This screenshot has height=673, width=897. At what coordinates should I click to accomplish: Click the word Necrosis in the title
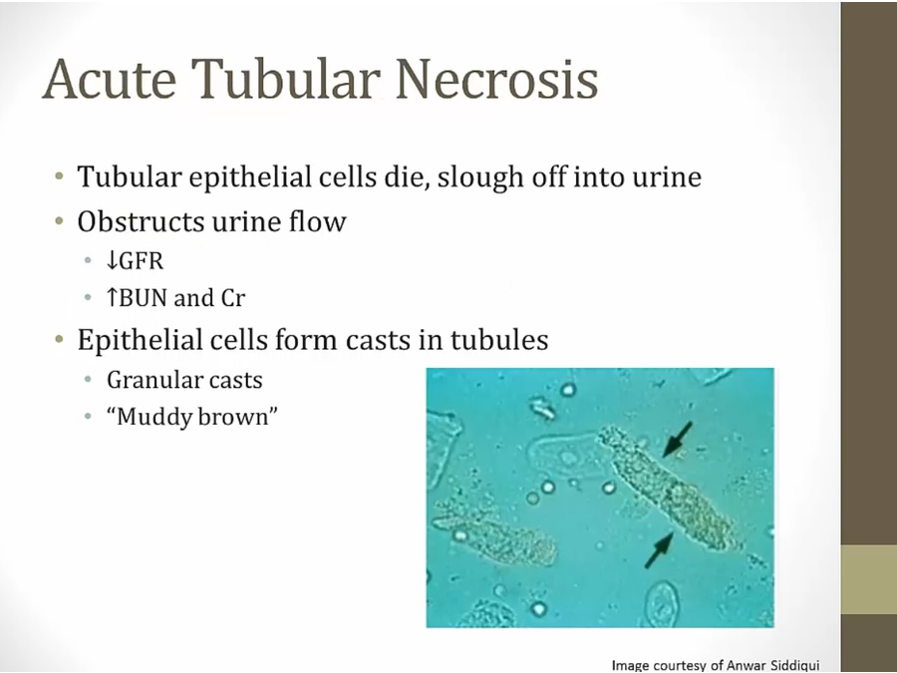496,79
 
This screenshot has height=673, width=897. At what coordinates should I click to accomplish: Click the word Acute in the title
110,79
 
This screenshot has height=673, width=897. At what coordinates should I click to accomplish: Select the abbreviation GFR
142,261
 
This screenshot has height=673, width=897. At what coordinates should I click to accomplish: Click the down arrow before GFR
112,260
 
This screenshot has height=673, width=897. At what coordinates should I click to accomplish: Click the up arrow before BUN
112,297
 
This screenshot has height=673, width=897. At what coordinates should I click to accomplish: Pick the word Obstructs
142,221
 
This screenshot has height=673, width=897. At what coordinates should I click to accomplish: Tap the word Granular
152,380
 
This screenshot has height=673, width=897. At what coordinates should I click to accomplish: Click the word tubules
499,339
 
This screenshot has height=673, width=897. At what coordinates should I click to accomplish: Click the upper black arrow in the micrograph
678,440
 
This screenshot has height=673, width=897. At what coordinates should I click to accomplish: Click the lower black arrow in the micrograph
659,550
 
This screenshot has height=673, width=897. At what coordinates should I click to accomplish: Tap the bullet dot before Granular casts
88,380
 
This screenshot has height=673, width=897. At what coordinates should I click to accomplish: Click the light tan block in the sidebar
869,579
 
